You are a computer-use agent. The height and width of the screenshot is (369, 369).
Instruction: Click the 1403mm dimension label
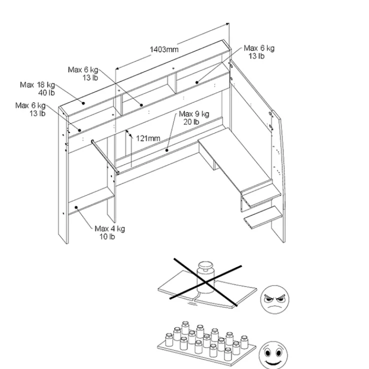pyautogui.click(x=164, y=49)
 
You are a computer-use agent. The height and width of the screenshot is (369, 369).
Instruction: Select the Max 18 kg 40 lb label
pyautogui.click(x=37, y=88)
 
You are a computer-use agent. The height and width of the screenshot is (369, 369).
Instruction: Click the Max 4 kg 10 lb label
pyautogui.click(x=109, y=232)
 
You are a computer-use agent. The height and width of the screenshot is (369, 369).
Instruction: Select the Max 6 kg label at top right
pyautogui.click(x=259, y=52)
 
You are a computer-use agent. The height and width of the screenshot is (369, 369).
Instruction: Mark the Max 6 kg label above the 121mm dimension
pyautogui.click(x=83, y=73)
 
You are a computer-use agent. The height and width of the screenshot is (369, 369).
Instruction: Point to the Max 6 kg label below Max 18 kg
pyautogui.click(x=30, y=109)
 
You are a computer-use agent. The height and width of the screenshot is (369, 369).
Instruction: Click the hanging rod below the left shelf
pyautogui.click(x=105, y=156)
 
